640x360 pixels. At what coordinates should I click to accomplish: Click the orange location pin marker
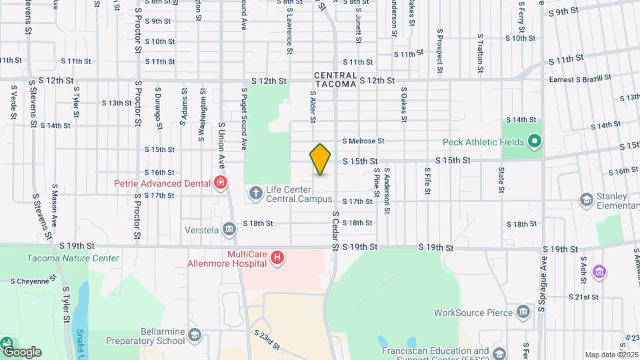click(321, 159)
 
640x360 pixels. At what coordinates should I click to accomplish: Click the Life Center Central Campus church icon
click(255, 194)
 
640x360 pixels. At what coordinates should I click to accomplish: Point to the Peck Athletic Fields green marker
click(533, 142)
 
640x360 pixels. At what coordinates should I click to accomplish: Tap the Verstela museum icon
click(230, 230)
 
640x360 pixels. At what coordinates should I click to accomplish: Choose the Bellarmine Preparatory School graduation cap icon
click(194, 335)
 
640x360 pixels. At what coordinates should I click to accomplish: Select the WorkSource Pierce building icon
click(523, 312)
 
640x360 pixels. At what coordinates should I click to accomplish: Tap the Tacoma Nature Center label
click(73, 258)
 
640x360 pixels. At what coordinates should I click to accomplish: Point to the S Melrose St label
click(364, 141)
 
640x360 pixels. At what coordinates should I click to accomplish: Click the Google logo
click(21, 351)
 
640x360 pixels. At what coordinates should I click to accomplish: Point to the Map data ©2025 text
click(611, 355)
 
